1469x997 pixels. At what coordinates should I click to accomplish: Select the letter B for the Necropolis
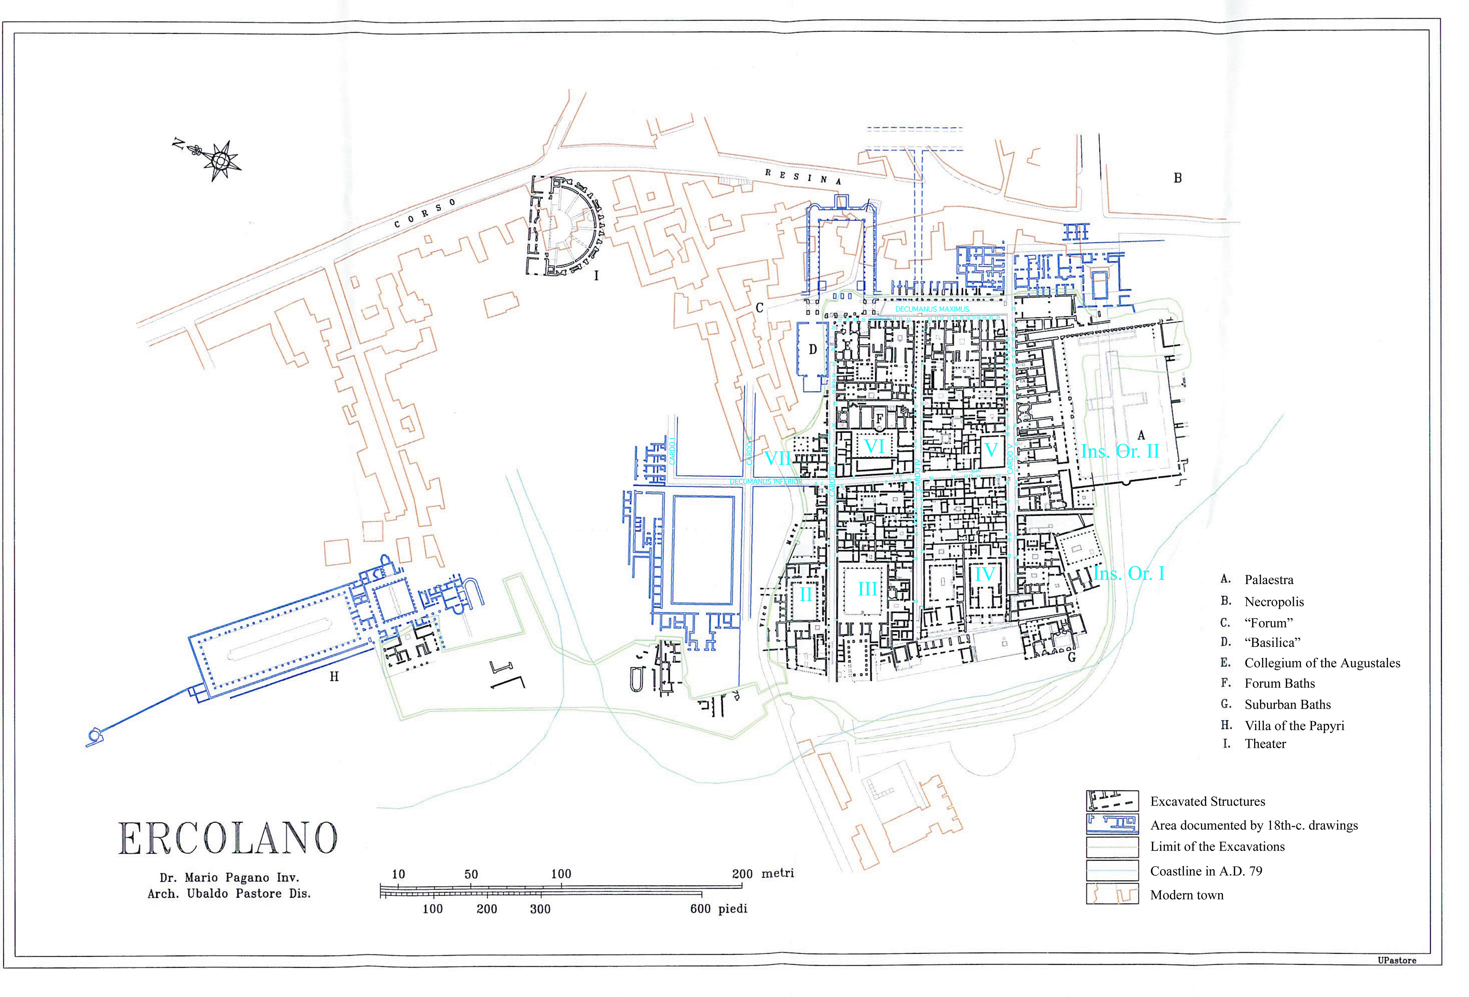pos(1177,178)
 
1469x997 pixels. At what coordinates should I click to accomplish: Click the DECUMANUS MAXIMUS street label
pos(932,309)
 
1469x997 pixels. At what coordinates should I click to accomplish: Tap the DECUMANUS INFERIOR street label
pos(765,482)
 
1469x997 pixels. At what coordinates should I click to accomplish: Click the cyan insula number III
pos(867,589)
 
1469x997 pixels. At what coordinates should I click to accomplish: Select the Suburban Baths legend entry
pos(1287,704)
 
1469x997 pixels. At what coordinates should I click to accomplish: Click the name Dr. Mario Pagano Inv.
pos(229,878)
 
